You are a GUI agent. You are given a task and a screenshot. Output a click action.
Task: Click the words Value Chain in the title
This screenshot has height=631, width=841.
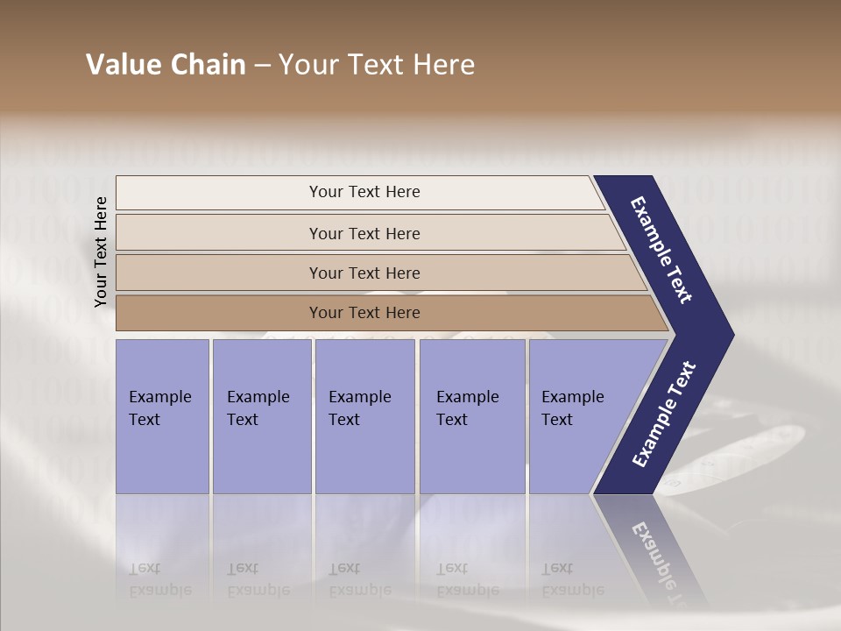(x=166, y=65)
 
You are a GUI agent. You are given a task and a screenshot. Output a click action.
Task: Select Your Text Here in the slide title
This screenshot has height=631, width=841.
(x=377, y=65)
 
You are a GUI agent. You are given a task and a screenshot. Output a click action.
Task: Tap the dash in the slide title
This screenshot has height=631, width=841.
(x=262, y=66)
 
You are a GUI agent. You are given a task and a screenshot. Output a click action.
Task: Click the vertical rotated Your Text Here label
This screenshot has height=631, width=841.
(x=101, y=252)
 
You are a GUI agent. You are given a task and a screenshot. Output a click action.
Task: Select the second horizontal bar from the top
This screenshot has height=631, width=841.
(x=364, y=233)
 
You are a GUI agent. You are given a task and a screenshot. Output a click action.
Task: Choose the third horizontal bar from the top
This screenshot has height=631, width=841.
(x=364, y=273)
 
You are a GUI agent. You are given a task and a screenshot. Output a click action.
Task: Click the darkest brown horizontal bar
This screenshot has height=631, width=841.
(x=364, y=313)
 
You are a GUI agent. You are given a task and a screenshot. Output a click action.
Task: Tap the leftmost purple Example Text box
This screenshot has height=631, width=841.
(x=162, y=415)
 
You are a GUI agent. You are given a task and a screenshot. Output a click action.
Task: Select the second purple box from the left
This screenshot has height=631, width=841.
(x=261, y=415)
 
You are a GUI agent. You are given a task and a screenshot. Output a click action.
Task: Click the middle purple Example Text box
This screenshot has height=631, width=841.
(x=364, y=415)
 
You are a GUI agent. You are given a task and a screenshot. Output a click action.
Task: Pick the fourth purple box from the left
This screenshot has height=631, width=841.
(x=471, y=415)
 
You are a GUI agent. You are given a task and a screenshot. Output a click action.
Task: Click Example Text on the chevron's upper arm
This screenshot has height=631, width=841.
(x=661, y=250)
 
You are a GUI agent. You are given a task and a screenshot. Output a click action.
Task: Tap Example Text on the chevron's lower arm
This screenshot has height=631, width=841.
(x=663, y=415)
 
